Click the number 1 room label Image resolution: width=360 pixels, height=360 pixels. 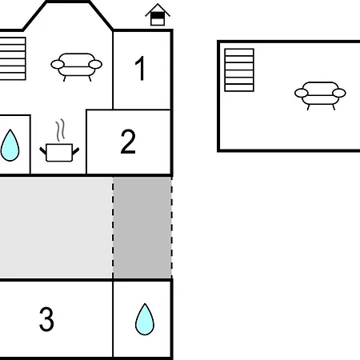click(x=140, y=68)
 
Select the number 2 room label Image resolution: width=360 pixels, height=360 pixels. click(x=128, y=142)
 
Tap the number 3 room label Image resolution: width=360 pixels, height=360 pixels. click(x=46, y=319)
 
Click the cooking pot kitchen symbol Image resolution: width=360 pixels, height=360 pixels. click(x=59, y=153)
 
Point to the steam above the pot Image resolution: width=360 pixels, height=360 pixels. click(x=61, y=130)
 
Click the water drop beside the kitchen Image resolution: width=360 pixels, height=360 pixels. click(x=10, y=146)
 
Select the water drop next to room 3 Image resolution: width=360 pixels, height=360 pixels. click(x=145, y=319)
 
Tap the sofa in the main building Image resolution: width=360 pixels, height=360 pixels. click(x=77, y=66)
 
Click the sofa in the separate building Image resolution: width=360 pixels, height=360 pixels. click(x=320, y=95)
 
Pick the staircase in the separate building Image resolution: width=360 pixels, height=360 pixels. click(x=239, y=70)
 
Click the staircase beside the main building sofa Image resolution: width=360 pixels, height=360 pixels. click(x=13, y=58)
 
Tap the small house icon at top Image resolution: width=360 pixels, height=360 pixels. click(x=158, y=14)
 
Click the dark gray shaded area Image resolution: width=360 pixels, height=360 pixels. click(x=142, y=227)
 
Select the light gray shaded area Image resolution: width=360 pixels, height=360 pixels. click(x=56, y=227)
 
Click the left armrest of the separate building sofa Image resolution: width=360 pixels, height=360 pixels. click(x=302, y=93)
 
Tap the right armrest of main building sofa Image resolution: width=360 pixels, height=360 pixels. click(x=95, y=64)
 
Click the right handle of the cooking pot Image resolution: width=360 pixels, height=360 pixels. click(x=76, y=151)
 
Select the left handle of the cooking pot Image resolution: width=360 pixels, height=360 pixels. click(x=43, y=150)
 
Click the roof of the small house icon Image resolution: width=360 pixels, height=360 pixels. click(x=158, y=9)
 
